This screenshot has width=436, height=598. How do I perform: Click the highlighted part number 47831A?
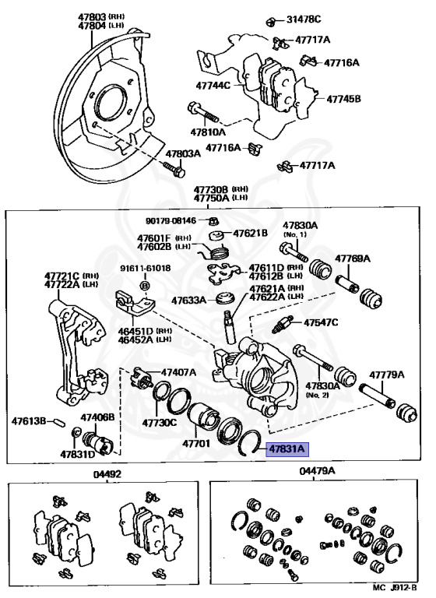coord(287,448)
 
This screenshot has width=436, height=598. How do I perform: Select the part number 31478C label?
coord(304,19)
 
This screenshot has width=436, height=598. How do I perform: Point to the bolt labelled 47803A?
coord(174,171)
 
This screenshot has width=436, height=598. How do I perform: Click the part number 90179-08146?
coord(171,220)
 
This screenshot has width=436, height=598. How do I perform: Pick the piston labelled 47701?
coord(203,419)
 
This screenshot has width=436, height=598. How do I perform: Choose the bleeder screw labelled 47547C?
coord(283,324)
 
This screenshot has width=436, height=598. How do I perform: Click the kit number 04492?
coord(107,473)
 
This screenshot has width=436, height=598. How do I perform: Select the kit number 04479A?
coord(317,471)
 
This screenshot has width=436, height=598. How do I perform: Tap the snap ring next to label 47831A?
coord(248,442)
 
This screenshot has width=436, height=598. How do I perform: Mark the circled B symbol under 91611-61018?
coord(145,285)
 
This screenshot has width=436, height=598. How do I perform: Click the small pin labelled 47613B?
coord(60,422)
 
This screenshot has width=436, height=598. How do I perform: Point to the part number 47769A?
coord(353,259)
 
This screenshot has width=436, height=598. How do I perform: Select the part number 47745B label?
coord(343,99)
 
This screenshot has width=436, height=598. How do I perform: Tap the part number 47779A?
coord(386,375)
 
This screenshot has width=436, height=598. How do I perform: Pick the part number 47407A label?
coord(178,372)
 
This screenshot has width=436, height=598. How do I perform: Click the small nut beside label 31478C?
coord(271,20)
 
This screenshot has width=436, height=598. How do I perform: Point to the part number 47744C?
coord(213,85)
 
